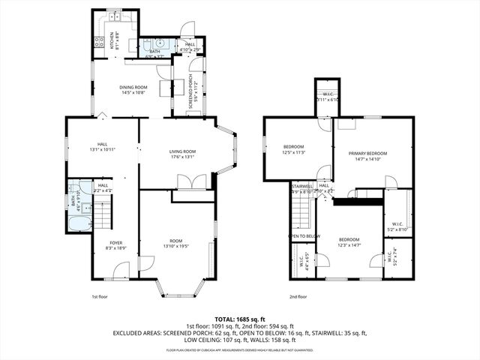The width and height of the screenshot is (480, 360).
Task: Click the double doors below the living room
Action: coord(187,182)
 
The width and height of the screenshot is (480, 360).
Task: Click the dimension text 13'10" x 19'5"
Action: coord(177,245)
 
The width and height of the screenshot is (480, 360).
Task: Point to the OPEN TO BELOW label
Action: coord(304,236)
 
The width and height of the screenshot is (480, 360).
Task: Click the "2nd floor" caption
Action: coord(298,297)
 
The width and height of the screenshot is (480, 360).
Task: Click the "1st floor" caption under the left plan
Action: coord(100,297)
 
